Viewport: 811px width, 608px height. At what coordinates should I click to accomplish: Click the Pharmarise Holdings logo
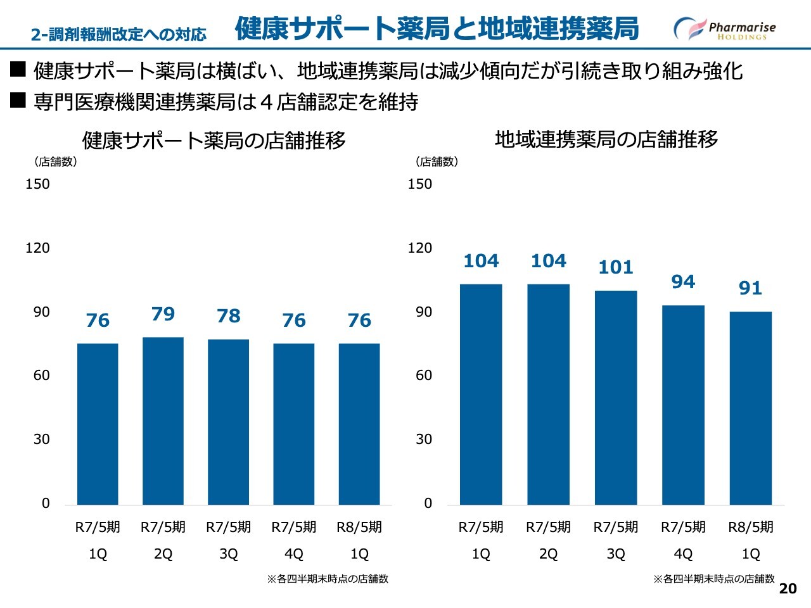tap(724, 29)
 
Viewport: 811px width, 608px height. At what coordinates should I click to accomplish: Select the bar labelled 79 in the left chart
tap(163, 421)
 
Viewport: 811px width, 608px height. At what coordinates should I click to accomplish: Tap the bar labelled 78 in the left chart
tap(228, 422)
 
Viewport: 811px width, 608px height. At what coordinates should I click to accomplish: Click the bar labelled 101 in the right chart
tap(616, 397)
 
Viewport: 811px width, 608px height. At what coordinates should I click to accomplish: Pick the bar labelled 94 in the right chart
tap(683, 405)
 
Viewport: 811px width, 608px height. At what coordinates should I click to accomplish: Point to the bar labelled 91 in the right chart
tap(751, 408)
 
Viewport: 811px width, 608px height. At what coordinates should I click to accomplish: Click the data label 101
tap(616, 267)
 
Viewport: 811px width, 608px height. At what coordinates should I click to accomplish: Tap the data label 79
tap(163, 313)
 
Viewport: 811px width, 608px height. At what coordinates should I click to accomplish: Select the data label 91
tap(750, 288)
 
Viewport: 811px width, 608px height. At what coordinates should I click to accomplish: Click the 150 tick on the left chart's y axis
tap(37, 184)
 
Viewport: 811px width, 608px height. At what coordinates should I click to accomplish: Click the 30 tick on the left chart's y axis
tap(41, 440)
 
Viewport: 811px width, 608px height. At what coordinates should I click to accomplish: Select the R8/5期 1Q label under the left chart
tap(359, 540)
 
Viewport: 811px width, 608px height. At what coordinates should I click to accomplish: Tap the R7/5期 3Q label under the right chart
tap(616, 540)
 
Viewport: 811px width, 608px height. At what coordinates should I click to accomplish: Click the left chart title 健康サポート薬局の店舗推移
tap(214, 140)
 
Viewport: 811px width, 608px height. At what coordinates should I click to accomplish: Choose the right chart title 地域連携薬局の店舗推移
tap(606, 139)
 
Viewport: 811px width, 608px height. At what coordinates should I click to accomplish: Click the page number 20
tap(788, 588)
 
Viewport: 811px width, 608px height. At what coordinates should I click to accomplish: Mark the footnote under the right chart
tap(714, 579)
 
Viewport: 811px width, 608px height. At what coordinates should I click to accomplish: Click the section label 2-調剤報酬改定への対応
tap(118, 34)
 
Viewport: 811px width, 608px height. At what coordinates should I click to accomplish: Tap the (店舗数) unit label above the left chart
tap(56, 161)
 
